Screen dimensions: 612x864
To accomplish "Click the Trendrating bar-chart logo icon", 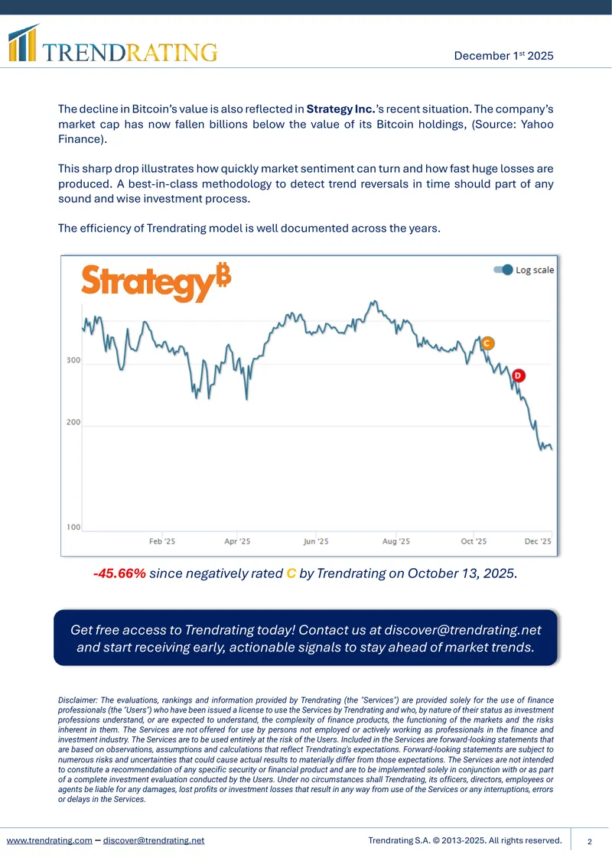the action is coord(23,42).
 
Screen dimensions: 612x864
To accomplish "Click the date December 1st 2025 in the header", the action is coord(503,56).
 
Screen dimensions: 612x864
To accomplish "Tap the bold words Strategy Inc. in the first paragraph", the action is coord(340,109).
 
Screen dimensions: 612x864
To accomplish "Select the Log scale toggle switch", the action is coord(503,269).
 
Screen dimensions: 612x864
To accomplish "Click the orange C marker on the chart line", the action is coord(487,343).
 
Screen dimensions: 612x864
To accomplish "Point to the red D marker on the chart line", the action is coord(518,375).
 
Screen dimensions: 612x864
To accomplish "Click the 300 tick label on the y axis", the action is coord(73,360).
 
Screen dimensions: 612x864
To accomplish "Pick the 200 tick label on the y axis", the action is coord(73,422).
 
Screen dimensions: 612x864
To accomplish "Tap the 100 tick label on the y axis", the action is coord(73,527).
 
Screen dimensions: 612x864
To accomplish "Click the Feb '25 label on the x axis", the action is coord(162,541).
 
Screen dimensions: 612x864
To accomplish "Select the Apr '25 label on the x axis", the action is coord(237,541).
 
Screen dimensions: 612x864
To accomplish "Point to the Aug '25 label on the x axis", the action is coord(396,541).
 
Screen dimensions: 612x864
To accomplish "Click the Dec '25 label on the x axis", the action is coord(538,541).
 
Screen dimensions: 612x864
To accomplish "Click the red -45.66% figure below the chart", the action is coord(119,573).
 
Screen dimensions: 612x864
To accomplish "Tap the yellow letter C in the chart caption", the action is coord(291,573).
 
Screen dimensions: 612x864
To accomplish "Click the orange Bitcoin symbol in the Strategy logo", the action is coord(223,275).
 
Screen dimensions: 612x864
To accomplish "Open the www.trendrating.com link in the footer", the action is coord(50,840).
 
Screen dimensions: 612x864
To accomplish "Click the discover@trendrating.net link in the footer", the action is coord(154,840).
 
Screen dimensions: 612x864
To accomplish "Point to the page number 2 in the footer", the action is coord(589,841).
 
